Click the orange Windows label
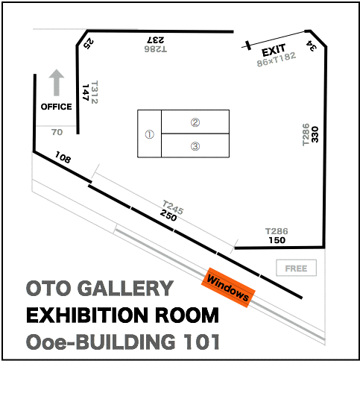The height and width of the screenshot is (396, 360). coord(228,288)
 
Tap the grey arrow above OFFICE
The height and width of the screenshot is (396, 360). coord(57,83)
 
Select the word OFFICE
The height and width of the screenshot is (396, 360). coord(57,107)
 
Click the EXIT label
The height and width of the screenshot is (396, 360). coord(274,50)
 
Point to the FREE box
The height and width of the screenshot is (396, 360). coord(296,268)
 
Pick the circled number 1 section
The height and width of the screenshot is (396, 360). coord(150,133)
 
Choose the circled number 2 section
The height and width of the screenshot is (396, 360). coord(195,122)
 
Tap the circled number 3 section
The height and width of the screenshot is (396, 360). coord(195,145)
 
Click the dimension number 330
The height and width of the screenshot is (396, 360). coord(315,134)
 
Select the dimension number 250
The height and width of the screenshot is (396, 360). coord(168,216)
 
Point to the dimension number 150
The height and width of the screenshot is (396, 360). coord(277,240)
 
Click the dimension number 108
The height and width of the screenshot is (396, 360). coord(63,157)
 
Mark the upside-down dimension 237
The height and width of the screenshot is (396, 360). coord(156,40)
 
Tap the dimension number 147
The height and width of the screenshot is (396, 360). coord(86,92)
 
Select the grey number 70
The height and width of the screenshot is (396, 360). coord(57,132)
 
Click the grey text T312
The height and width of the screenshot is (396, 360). coord(94,92)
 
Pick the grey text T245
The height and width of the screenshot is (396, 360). coord(173,207)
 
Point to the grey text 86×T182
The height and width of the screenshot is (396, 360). coord(277,60)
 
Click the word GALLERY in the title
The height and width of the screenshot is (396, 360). coord(125,288)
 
